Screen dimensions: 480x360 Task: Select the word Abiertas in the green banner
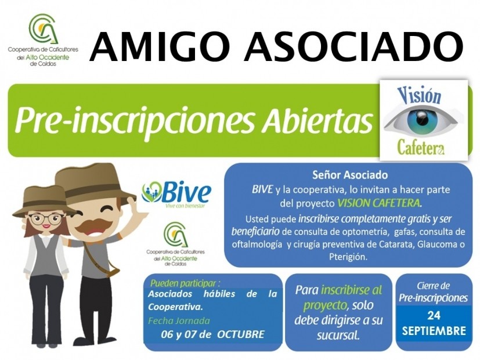pos(319,120)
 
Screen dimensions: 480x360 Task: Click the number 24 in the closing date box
pos(434,315)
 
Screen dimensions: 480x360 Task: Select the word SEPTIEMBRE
pos(434,330)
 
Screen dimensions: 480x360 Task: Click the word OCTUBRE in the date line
pos(241,334)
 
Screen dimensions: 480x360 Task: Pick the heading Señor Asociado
pos(350,175)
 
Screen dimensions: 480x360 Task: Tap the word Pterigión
pos(348,257)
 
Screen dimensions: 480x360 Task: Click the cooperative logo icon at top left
pos(43,28)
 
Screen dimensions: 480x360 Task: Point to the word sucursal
pos(338,336)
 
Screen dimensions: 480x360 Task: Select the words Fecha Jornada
pos(179,321)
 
